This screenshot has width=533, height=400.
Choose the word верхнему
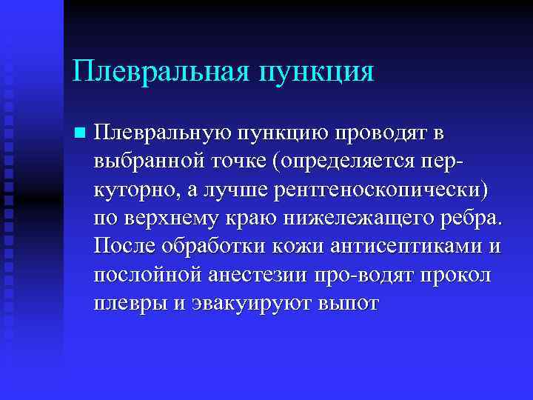169,219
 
